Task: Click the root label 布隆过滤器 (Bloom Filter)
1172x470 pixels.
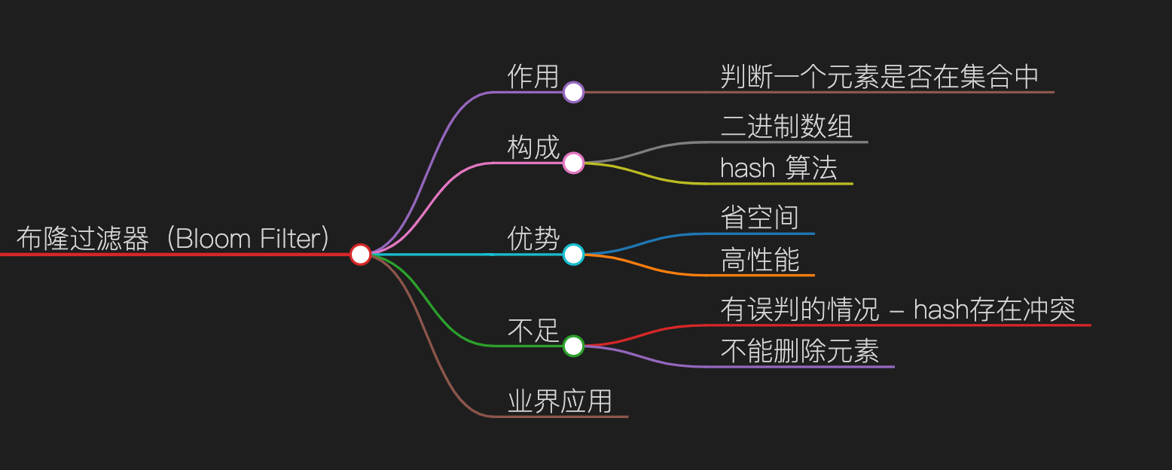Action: click(173, 239)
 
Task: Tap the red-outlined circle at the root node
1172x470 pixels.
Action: click(360, 255)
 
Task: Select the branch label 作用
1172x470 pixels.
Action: click(533, 77)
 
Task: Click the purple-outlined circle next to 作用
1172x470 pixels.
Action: click(574, 93)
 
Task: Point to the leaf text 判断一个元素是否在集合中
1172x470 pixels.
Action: click(880, 77)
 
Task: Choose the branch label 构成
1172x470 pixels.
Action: click(533, 148)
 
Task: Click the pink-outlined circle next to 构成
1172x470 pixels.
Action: click(574, 163)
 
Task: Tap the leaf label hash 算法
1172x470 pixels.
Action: click(779, 168)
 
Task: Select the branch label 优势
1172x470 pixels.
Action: click(533, 240)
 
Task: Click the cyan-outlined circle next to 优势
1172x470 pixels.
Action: click(574, 255)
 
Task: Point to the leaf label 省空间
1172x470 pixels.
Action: click(759, 218)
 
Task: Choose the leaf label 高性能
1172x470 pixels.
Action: click(759, 260)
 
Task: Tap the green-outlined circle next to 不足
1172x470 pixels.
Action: click(574, 346)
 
